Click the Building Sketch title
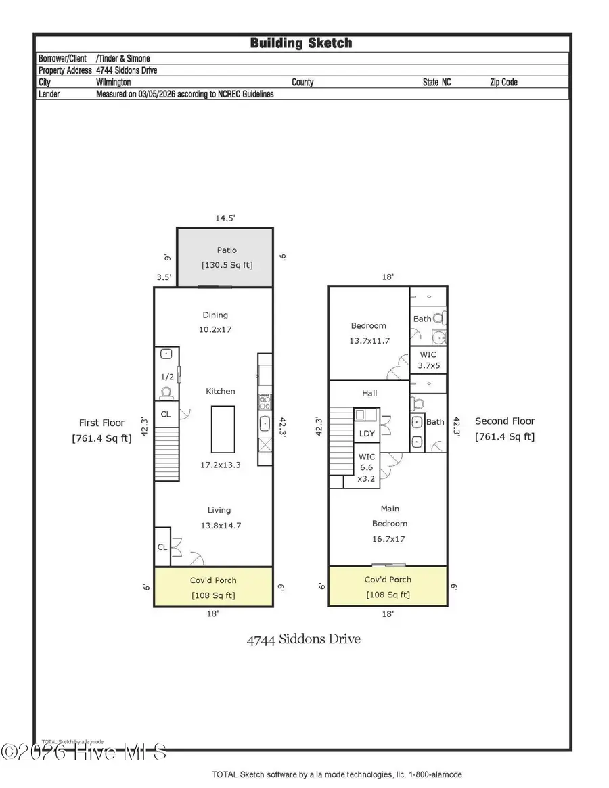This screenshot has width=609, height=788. point(301,43)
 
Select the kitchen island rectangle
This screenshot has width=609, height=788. point(223,429)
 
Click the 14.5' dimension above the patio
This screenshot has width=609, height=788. point(225,218)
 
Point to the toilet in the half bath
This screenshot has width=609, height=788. point(166,392)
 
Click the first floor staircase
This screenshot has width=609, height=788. point(166,454)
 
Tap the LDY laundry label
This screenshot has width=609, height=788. point(367,433)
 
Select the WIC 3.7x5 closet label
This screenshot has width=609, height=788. point(428,360)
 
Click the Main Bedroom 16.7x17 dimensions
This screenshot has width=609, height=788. point(390,539)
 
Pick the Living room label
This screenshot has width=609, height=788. point(219,510)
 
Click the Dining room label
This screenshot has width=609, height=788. point(215,315)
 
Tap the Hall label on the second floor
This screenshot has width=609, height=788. point(369,393)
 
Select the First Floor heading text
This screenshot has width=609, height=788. point(102,423)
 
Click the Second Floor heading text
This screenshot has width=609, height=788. point(505,421)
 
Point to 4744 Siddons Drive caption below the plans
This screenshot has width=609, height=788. point(303,639)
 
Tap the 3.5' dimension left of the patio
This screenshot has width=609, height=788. point(164,277)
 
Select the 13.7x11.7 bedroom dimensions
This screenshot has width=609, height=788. point(369,340)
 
